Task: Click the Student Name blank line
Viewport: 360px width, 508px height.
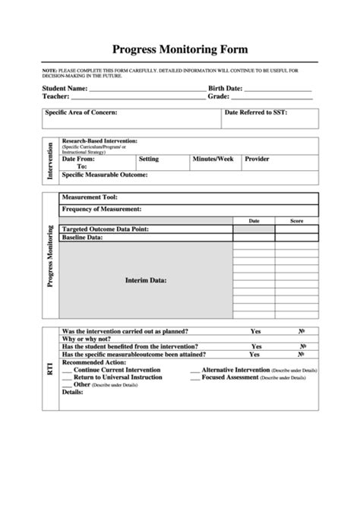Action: pyautogui.click(x=147, y=89)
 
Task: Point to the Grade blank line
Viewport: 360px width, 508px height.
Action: pyautogui.click(x=272, y=98)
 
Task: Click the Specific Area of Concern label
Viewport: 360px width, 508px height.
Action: pyautogui.click(x=81, y=112)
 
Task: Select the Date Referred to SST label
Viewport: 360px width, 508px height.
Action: pyautogui.click(x=256, y=112)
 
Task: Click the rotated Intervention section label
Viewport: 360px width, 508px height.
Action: pyautogui.click(x=50, y=161)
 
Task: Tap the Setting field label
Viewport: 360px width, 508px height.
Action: pyautogui.click(x=149, y=159)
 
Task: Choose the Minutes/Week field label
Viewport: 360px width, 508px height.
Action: pyautogui.click(x=213, y=159)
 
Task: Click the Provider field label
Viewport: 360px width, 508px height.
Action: pyautogui.click(x=257, y=159)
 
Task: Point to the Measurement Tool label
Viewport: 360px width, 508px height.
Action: pyautogui.click(x=90, y=197)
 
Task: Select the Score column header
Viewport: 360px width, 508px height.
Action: pyautogui.click(x=296, y=221)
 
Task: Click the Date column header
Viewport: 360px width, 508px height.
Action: pyautogui.click(x=254, y=221)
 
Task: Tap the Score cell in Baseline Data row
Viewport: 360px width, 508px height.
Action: pyautogui.click(x=296, y=237)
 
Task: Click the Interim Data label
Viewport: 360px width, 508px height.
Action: pyautogui.click(x=146, y=280)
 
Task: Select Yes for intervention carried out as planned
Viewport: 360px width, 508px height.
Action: pyautogui.click(x=255, y=331)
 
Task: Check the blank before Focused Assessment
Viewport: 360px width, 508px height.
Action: pyautogui.click(x=195, y=377)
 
